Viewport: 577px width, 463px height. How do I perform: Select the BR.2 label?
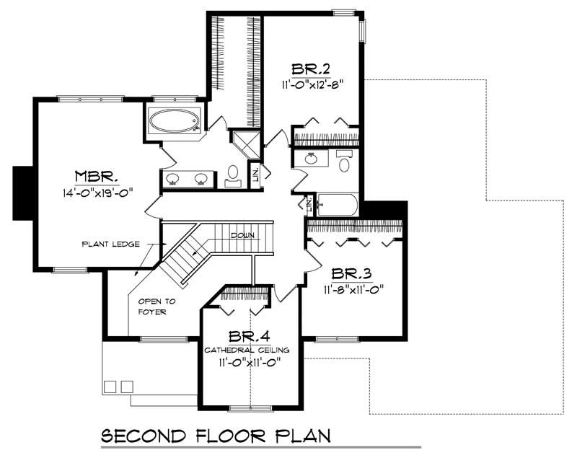pyautogui.click(x=311, y=69)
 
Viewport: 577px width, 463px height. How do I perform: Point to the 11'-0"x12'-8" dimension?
pyautogui.click(x=312, y=84)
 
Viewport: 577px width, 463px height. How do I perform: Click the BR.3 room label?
pyautogui.click(x=351, y=275)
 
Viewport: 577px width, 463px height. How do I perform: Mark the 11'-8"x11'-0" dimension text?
pyautogui.click(x=352, y=290)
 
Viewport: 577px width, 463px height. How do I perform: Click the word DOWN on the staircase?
pyautogui.click(x=242, y=236)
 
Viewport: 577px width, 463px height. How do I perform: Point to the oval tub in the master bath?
pyautogui.click(x=175, y=121)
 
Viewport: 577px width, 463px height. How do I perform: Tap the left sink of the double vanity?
pyautogui.click(x=174, y=178)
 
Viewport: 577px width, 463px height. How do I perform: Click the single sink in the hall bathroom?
pyautogui.click(x=311, y=159)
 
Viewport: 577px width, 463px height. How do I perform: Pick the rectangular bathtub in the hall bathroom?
pyautogui.click(x=337, y=205)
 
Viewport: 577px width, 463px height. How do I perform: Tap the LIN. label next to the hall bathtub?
pyautogui.click(x=309, y=206)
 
